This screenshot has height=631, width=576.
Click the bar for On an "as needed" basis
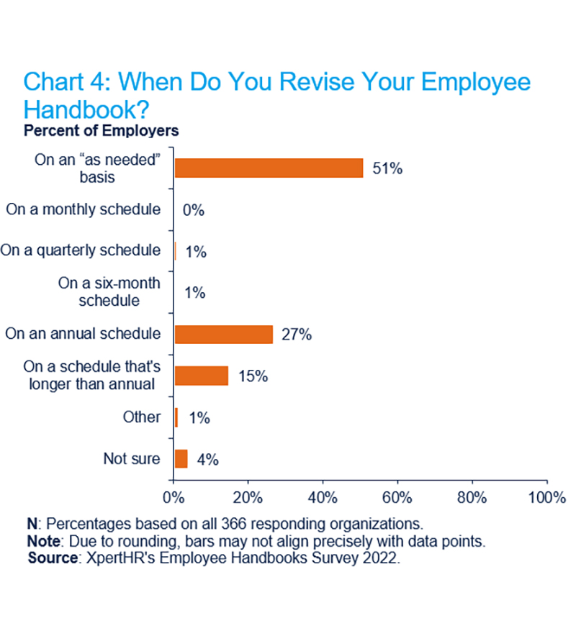269,168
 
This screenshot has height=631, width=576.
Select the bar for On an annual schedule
223,335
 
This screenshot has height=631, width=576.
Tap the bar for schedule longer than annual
202,376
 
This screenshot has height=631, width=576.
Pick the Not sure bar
181,459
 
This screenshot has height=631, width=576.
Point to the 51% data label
387,168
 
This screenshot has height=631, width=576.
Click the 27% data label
297,335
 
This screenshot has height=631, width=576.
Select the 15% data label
253,376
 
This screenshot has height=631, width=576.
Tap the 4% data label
207,459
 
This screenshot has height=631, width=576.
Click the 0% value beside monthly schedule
194,210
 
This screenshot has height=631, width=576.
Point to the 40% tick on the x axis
322,497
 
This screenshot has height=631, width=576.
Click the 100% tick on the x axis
546,497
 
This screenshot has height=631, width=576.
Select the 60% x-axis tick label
397,497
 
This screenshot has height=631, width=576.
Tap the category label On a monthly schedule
83,209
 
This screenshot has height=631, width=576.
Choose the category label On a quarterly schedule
80,250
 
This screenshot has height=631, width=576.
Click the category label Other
141,417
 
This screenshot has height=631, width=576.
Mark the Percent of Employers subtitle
101,131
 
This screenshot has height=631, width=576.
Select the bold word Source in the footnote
51,558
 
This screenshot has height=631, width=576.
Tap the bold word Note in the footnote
42,540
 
